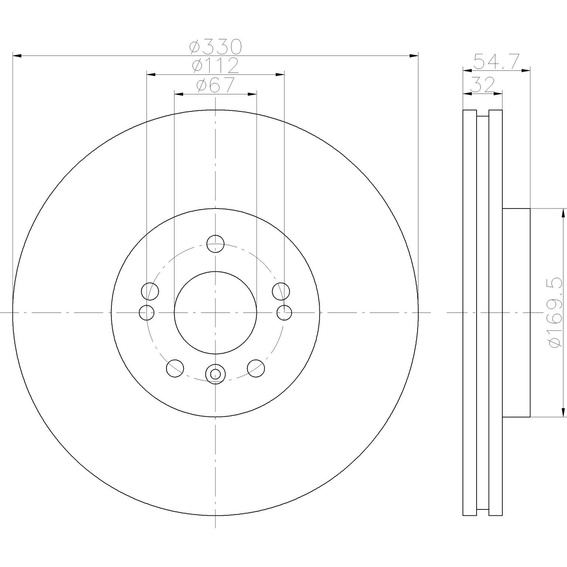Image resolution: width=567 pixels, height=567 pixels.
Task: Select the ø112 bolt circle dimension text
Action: click(215, 66)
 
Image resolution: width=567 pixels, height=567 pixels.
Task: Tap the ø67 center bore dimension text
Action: click(216, 86)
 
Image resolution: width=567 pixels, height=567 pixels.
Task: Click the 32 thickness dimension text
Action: click(482, 85)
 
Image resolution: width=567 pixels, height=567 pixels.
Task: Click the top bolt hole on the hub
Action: click(216, 243)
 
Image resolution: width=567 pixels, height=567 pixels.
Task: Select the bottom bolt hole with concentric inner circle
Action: click(215, 374)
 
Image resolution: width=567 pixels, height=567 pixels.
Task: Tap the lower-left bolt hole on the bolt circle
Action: click(175, 368)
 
